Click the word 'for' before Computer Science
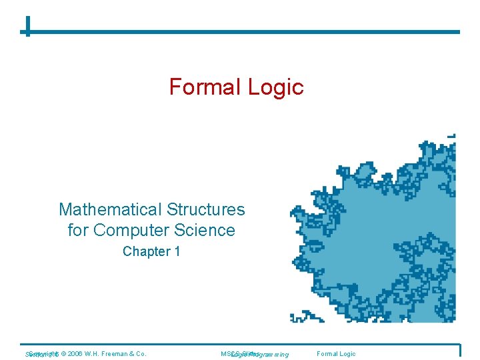(78, 231)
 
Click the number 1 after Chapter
(177, 251)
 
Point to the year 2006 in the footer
(74, 353)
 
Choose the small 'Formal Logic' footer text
(337, 353)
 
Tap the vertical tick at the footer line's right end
(459, 349)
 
